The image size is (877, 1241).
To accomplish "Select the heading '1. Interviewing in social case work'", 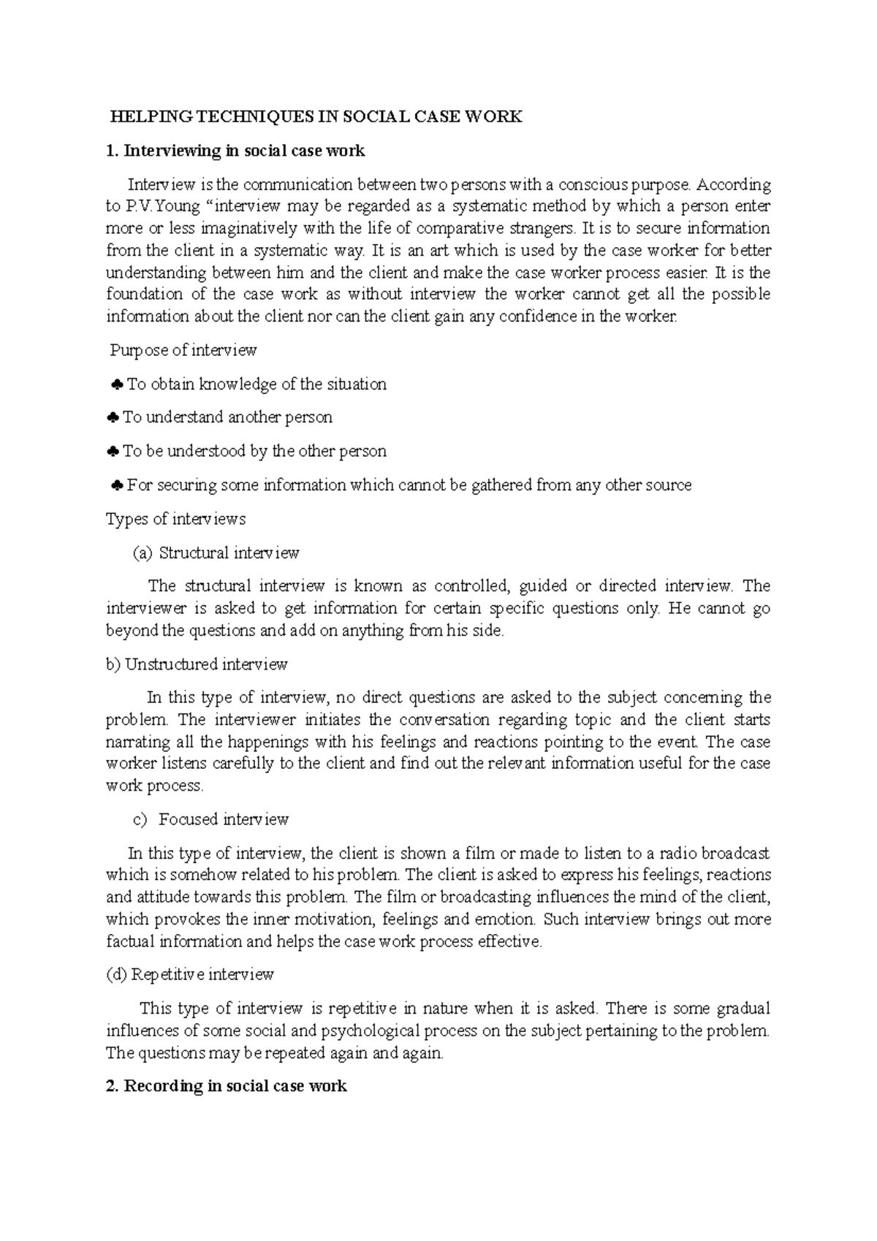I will (x=235, y=151).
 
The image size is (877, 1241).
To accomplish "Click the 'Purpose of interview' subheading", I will (x=183, y=350).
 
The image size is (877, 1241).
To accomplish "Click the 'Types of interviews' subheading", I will (x=175, y=519).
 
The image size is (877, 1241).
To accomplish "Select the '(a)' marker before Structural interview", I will (x=142, y=553).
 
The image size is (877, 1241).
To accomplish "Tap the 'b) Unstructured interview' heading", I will (x=197, y=664).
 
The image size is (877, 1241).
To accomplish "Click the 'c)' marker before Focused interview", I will (x=140, y=820).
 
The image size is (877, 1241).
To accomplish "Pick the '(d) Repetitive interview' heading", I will (x=190, y=974).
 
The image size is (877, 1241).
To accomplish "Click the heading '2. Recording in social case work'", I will (x=226, y=1086).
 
